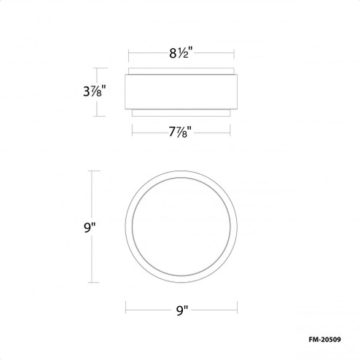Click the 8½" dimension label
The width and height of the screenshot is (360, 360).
[x=180, y=53]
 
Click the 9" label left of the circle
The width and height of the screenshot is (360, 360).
[x=90, y=227]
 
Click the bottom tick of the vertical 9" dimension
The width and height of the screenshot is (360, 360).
[x=90, y=283]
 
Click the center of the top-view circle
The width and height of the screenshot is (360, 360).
[x=180, y=227]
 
